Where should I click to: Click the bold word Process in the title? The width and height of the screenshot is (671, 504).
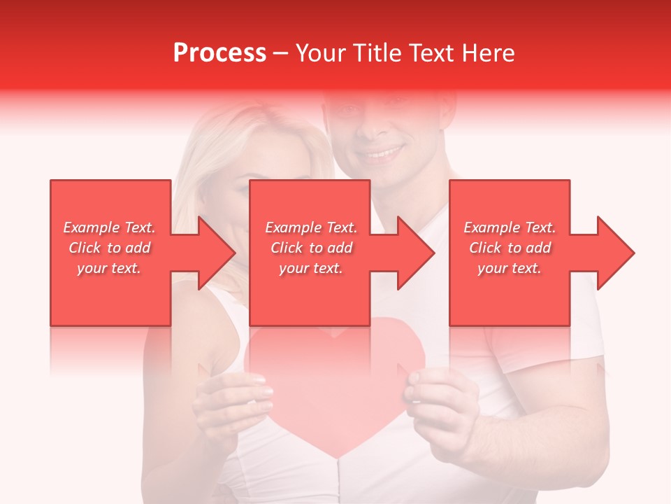pyautogui.click(x=219, y=53)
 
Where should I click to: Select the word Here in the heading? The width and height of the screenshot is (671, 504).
pyautogui.click(x=486, y=53)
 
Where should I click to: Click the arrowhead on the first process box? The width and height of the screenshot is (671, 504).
pyautogui.click(x=217, y=253)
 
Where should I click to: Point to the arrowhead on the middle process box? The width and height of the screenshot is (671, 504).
pyautogui.click(x=417, y=253)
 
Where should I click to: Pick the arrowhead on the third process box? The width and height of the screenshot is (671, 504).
pyautogui.click(x=616, y=253)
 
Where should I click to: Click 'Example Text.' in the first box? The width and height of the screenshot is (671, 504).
pyautogui.click(x=110, y=227)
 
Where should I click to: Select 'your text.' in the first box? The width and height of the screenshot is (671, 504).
pyautogui.click(x=110, y=268)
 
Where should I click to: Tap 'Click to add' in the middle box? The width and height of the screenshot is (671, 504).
pyautogui.click(x=311, y=248)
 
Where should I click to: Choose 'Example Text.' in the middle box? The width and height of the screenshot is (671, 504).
pyautogui.click(x=311, y=227)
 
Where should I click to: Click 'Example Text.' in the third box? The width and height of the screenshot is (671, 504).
pyautogui.click(x=510, y=227)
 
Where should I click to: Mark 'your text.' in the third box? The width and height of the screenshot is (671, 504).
pyautogui.click(x=510, y=268)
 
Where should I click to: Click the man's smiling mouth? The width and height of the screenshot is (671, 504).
pyautogui.click(x=381, y=152)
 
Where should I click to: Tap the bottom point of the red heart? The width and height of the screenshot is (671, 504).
pyautogui.click(x=338, y=456)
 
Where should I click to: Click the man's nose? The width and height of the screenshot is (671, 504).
pyautogui.click(x=377, y=126)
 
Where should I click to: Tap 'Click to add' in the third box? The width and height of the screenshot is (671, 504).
pyautogui.click(x=510, y=248)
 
